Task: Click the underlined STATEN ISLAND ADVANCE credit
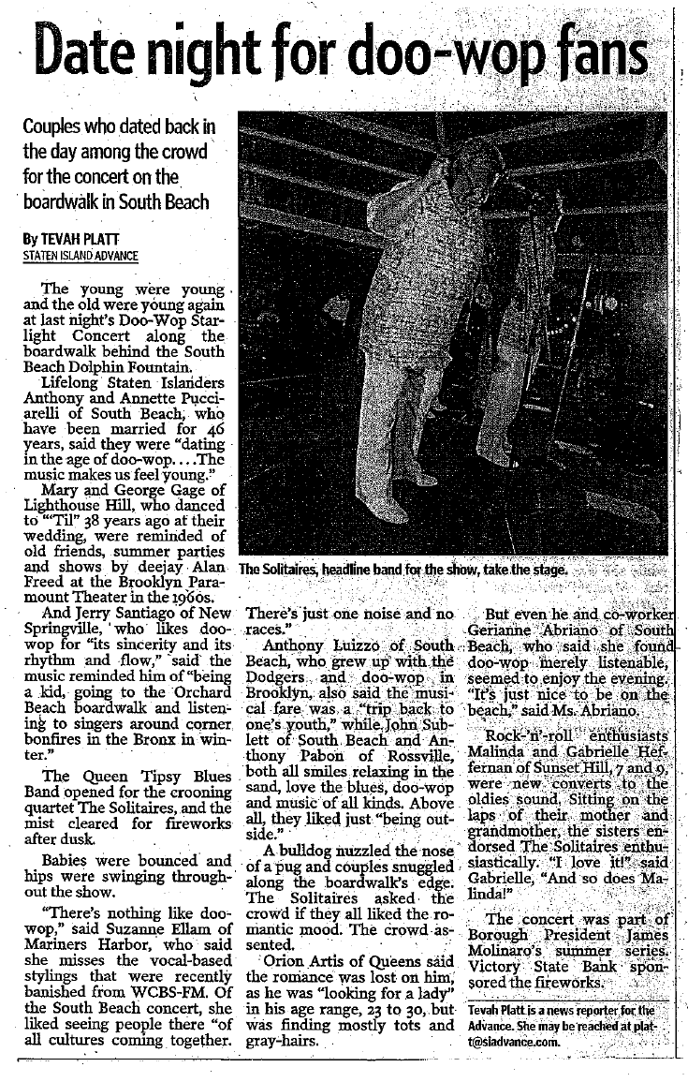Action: point(81,256)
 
